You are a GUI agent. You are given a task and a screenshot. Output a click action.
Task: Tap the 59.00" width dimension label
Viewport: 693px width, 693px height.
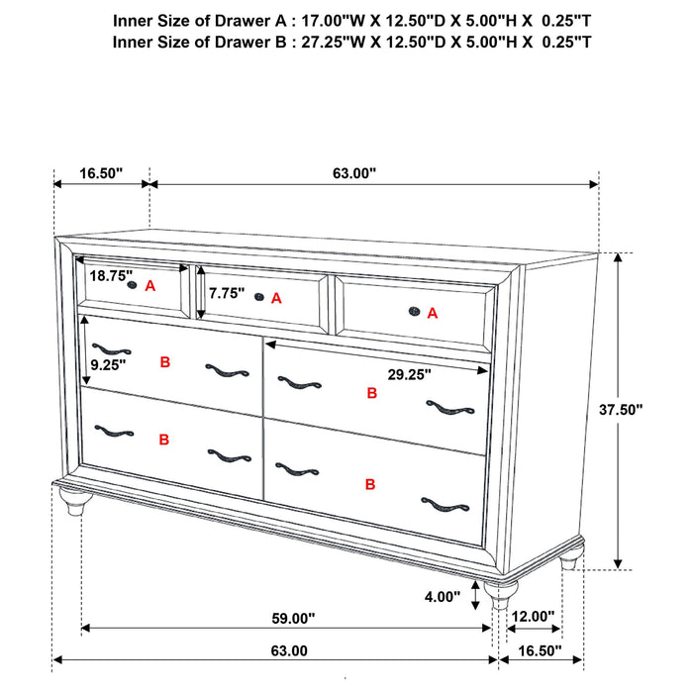[293, 619]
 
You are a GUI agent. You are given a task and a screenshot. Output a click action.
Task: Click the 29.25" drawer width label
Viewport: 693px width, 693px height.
[408, 375]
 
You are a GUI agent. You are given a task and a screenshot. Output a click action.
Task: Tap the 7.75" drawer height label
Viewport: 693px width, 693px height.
[226, 294]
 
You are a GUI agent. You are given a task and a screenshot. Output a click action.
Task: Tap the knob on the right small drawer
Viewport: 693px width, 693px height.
[413, 313]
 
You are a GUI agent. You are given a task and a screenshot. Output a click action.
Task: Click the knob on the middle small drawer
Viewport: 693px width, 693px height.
[259, 296]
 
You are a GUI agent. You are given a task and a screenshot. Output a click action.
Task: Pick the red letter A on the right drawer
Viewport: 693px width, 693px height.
[432, 313]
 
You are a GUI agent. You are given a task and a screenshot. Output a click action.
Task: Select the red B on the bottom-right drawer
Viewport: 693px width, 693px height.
[369, 484]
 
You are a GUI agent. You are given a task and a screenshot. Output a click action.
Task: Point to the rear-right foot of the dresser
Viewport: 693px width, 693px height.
[568, 560]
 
